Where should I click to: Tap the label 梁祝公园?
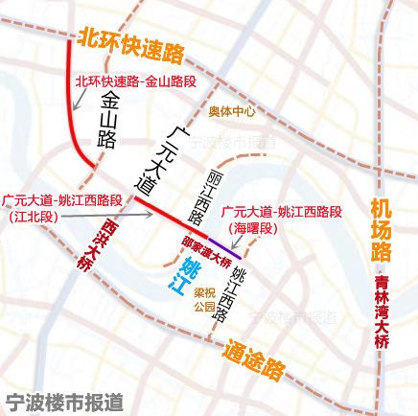tap(204, 300)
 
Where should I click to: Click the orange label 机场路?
tap(382, 229)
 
